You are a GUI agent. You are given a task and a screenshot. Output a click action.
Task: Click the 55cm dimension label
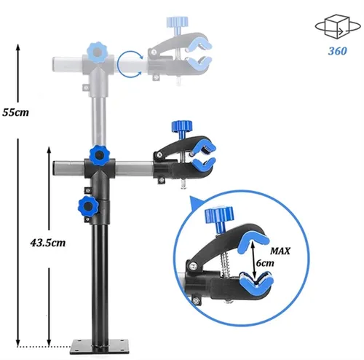(x=15, y=112)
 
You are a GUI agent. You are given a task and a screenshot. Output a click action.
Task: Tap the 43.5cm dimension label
(x=48, y=243)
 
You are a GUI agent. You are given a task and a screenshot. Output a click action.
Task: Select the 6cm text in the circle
(x=265, y=263)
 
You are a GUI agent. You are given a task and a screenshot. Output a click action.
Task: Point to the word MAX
(x=280, y=251)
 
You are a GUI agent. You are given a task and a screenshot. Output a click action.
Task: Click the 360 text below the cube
(x=338, y=51)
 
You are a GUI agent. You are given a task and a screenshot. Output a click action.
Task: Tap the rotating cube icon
(x=338, y=26)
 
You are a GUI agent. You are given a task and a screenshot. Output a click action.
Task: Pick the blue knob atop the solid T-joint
(x=100, y=155)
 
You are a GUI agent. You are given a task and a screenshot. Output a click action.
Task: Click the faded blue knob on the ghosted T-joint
(x=98, y=52)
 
